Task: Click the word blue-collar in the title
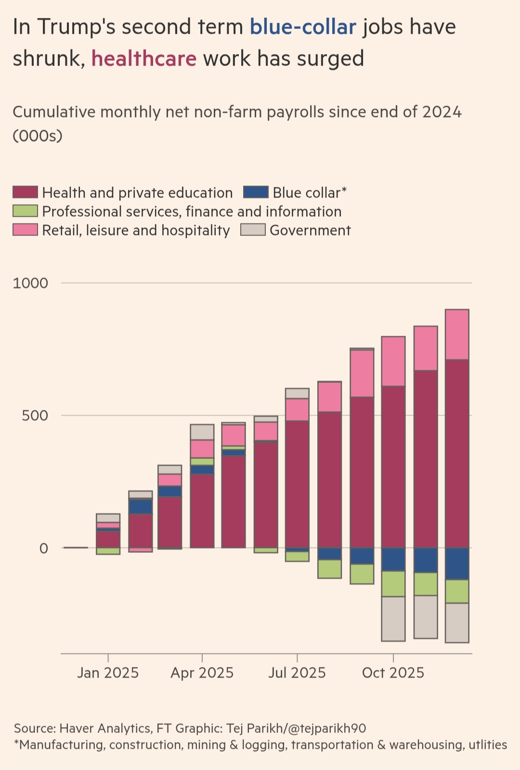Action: [x=303, y=27]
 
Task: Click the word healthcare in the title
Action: [x=144, y=59]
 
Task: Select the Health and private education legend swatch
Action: [x=25, y=192]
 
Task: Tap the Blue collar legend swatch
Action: [x=256, y=192]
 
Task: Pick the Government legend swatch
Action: [x=253, y=230]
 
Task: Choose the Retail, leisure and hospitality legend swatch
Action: [x=25, y=230]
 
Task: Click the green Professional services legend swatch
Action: [x=25, y=211]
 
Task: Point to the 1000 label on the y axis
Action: [x=30, y=283]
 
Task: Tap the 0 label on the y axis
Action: [x=44, y=548]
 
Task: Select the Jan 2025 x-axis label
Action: [x=108, y=673]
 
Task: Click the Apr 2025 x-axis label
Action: [x=202, y=673]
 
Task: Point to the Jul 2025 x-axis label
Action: [x=297, y=673]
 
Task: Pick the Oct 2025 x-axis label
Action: [x=393, y=673]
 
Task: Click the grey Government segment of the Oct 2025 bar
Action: [x=393, y=619]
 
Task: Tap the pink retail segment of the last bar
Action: [x=457, y=335]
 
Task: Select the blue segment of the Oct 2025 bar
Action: [x=393, y=560]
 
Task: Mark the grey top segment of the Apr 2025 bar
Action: [x=202, y=432]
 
